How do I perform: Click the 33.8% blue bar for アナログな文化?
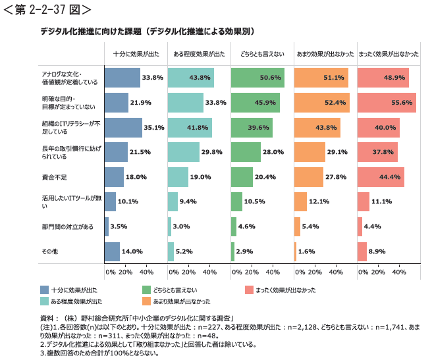pyautogui.click(x=122, y=78)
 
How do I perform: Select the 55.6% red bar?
pyautogui.click(x=387, y=103)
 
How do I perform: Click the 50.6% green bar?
pyautogui.click(x=257, y=78)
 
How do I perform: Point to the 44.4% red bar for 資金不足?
pyautogui.click(x=381, y=177)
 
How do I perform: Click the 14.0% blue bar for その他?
pyautogui.click(x=112, y=251)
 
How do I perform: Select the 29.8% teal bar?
pyautogui.click(x=184, y=152)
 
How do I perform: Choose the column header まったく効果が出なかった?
pyautogui.click(x=389, y=55)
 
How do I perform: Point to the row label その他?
pyautogui.click(x=49, y=251)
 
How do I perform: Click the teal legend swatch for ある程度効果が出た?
pyautogui.click(x=44, y=301)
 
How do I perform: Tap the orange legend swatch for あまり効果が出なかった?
pyautogui.click(x=147, y=301)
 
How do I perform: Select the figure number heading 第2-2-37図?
pyautogui.click(x=47, y=9)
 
